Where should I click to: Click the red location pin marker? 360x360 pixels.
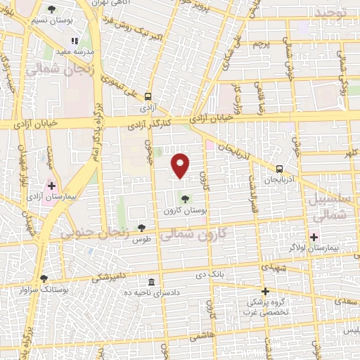coord(181,164)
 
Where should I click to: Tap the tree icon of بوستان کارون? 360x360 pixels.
coord(186,198)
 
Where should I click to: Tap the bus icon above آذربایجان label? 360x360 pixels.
coord(280,169)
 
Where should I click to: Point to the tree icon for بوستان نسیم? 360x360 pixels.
coord(52,9)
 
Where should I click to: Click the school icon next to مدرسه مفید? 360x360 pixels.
coord(77,41)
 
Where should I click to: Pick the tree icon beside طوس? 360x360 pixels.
coord(141,227)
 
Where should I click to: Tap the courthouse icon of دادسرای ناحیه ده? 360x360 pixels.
coord(153,281)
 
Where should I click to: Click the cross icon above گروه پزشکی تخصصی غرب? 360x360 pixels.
coord(265,291)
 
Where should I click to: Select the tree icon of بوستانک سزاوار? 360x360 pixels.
coord(44,278)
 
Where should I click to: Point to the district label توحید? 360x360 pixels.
coord(330,13)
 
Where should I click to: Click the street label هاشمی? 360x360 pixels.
coord(202,337)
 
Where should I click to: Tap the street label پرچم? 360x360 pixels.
coord(261,44)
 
